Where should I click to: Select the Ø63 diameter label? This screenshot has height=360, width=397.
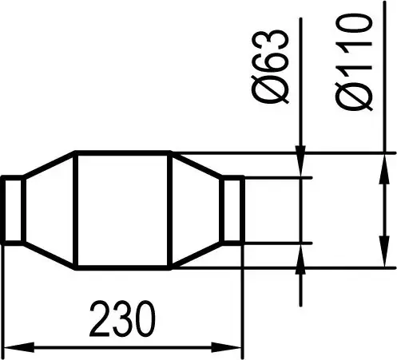[x=270, y=66]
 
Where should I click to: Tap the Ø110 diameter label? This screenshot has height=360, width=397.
[x=355, y=62]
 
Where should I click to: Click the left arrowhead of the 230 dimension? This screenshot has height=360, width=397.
[x=19, y=347]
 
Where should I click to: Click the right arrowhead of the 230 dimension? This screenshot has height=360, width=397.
[x=226, y=347]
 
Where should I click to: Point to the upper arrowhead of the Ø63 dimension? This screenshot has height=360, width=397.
[x=300, y=161]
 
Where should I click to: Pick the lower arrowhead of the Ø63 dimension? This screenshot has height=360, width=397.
[x=300, y=259]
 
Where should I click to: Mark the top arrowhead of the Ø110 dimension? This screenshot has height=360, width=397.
[x=384, y=168]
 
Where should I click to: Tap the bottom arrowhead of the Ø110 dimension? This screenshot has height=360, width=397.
[x=384, y=251]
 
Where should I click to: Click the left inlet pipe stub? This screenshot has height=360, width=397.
[x=13, y=210]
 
